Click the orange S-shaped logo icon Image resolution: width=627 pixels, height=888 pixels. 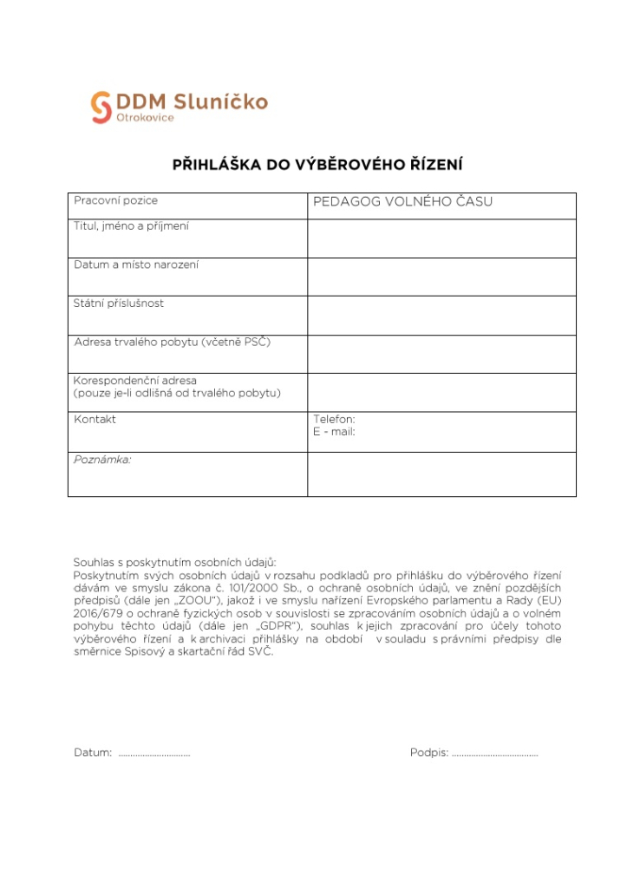click(101, 108)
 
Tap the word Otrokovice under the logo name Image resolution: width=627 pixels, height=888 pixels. click(145, 118)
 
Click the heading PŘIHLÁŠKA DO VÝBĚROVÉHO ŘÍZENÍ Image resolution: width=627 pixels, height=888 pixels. click(317, 163)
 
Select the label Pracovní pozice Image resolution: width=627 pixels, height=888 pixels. click(115, 200)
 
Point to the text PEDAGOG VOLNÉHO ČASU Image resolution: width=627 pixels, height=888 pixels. click(402, 202)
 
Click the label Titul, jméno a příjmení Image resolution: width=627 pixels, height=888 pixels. click(131, 226)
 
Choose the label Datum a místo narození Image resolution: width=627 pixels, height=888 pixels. click(136, 264)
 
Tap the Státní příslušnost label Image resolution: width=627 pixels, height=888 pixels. click(119, 304)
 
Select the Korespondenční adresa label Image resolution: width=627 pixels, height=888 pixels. click(135, 381)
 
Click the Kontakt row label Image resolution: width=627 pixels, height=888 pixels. click(95, 419)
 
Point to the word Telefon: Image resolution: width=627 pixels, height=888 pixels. click(334, 419)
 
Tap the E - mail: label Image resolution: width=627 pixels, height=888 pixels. click(334, 431)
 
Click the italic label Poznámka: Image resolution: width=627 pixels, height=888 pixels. click(102, 460)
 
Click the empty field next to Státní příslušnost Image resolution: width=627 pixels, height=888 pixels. click(441, 315)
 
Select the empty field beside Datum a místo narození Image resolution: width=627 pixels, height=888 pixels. click(441, 277)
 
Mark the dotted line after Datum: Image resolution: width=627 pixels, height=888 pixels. click(154, 754)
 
